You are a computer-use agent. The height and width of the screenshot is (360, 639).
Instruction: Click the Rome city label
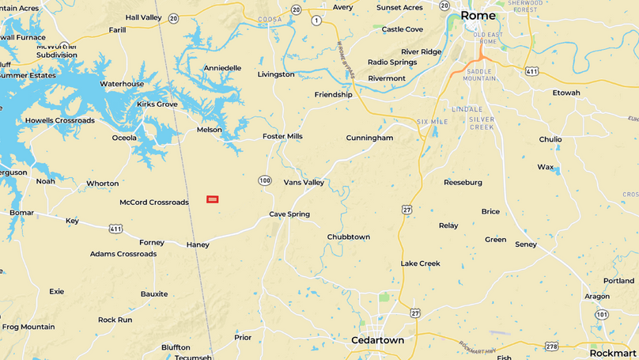click(x=478, y=16)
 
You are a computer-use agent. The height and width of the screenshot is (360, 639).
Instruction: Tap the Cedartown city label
click(x=377, y=340)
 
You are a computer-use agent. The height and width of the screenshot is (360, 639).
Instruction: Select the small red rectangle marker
click(x=212, y=199)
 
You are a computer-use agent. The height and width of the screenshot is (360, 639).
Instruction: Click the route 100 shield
click(x=264, y=180)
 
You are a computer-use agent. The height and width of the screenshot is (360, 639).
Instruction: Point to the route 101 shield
click(x=602, y=314)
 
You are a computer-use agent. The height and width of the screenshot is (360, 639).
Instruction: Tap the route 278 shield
click(x=551, y=346)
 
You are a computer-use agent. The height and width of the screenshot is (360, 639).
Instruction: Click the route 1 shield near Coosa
click(x=316, y=21)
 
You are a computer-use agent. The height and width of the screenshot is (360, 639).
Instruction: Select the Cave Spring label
click(x=289, y=214)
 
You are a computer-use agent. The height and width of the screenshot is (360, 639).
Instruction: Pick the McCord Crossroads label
click(x=154, y=203)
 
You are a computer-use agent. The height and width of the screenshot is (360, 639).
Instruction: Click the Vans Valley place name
click(x=304, y=183)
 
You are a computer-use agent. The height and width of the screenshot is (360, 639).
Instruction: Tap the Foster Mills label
click(x=282, y=137)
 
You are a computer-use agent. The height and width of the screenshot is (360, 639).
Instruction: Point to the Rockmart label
click(x=613, y=353)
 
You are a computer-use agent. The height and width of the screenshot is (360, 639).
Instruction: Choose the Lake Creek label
click(x=420, y=263)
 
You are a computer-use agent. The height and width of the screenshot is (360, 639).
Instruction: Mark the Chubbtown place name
click(x=348, y=237)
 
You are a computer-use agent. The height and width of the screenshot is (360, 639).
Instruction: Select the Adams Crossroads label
click(x=123, y=254)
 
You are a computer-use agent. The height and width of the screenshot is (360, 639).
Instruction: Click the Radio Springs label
click(x=392, y=63)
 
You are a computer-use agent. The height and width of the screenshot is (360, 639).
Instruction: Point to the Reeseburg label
click(x=463, y=183)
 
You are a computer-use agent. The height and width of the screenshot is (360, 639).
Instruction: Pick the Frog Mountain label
click(x=28, y=327)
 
